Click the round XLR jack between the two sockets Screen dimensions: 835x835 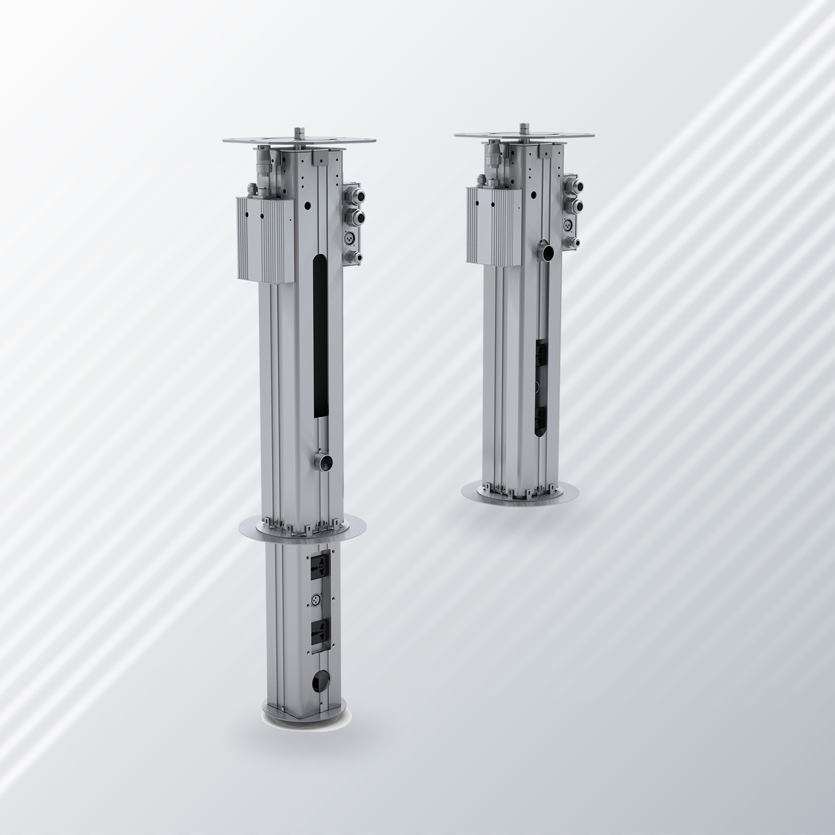[316, 599]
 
